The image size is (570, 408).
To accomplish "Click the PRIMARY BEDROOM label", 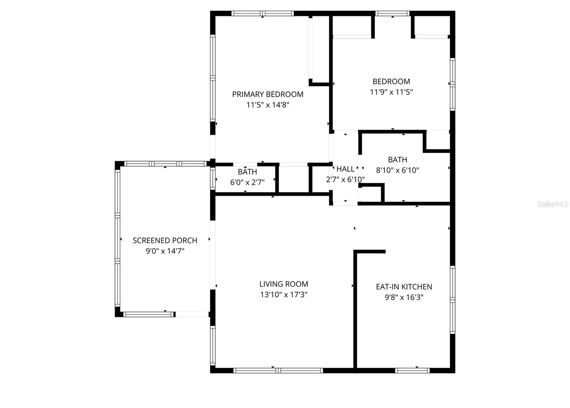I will coord(268,94).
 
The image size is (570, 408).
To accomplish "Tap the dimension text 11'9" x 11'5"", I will coord(391,92).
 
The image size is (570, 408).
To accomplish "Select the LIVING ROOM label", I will coord(284,284).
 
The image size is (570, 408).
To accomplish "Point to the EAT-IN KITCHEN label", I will coord(404,287).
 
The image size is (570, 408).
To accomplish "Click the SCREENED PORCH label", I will coord(165,241).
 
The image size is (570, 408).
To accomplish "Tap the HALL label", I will coord(345,169).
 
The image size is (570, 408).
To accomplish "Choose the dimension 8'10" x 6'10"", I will coord(397,170).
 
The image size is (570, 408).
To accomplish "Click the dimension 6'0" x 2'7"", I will coord(247,182).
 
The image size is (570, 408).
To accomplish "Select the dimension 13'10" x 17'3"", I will coord(284,295).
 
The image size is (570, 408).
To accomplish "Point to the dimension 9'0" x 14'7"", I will coord(165,251).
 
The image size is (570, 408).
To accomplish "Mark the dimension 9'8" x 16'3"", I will coord(404,297).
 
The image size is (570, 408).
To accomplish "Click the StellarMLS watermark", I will coord(553,204).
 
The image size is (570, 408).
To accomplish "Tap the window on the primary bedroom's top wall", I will coord(263,14).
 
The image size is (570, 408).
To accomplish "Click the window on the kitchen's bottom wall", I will coord(412,371).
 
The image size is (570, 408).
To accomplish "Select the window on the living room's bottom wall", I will coord(278,371).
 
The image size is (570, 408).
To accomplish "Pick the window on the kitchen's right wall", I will coord(452,299).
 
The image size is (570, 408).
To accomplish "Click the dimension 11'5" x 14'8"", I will coord(268,105).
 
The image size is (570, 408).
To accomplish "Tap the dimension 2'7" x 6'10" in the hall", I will coord(345,179).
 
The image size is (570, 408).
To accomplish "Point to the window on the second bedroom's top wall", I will coord(392,14).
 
